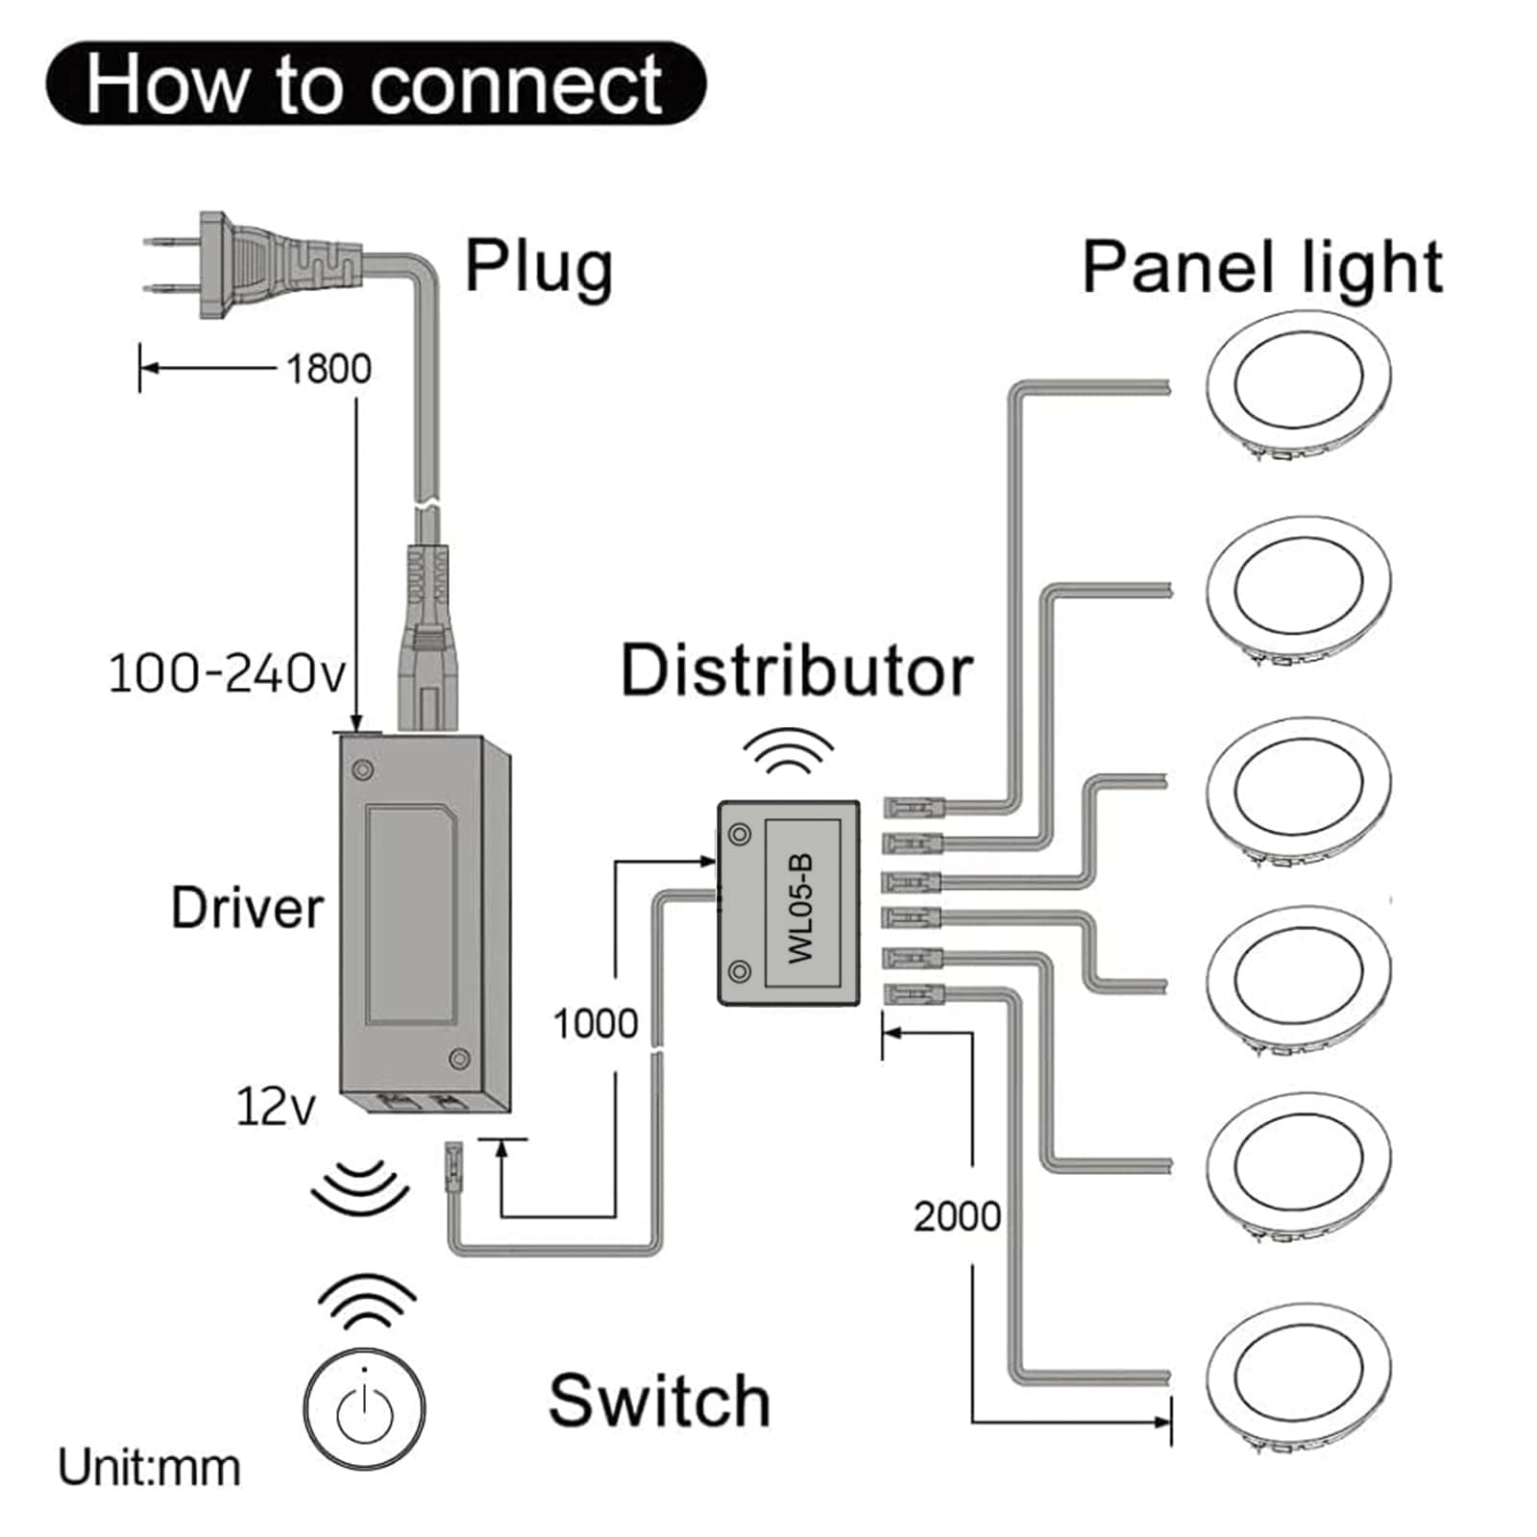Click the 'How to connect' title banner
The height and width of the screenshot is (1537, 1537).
[376, 84]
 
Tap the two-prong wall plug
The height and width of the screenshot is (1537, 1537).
[253, 264]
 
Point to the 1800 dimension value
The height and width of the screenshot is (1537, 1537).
[329, 368]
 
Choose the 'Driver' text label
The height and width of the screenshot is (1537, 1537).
[247, 908]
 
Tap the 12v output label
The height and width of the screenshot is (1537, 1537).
[275, 1107]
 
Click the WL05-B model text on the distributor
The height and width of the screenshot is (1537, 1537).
[801, 907]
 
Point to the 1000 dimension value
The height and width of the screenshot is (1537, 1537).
[596, 1024]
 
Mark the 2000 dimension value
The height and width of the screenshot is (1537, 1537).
[957, 1216]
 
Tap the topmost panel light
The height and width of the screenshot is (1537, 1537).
[1299, 384]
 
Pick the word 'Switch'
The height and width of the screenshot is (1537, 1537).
[659, 1400]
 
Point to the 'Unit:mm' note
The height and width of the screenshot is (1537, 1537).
[149, 1468]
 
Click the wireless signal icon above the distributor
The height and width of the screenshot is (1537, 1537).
[790, 750]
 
